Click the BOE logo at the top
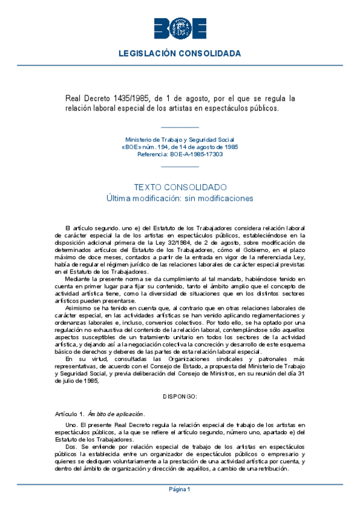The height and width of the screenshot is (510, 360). [180, 28]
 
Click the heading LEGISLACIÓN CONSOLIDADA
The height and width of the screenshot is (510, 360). [180, 54]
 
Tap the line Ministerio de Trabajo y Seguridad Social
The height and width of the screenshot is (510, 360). [180, 140]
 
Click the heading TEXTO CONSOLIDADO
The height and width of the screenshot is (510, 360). [180, 187]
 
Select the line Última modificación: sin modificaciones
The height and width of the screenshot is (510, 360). [180, 198]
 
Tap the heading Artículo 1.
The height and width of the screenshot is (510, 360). [66, 414]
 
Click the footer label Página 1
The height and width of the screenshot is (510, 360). [180, 489]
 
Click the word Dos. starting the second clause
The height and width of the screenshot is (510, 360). [71, 447]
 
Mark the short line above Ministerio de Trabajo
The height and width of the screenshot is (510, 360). [180, 127]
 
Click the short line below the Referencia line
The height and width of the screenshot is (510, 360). [180, 165]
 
